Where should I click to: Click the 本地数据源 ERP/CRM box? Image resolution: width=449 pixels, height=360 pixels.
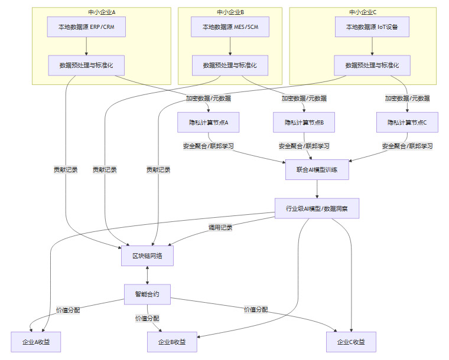click(x=86, y=27)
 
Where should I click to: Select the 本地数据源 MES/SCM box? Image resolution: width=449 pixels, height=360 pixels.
click(x=230, y=27)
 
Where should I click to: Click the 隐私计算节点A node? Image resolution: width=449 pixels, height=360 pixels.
click(x=208, y=122)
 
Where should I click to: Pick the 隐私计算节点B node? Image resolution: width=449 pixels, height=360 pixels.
click(x=304, y=122)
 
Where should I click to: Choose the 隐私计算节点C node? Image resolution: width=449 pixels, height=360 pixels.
click(x=407, y=122)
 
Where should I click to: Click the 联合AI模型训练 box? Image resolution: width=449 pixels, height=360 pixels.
click(x=317, y=169)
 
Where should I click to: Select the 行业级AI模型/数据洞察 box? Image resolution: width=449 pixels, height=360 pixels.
click(x=317, y=208)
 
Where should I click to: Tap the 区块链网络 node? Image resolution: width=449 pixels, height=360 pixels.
click(x=147, y=256)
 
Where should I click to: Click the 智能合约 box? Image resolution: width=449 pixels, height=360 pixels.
click(x=147, y=294)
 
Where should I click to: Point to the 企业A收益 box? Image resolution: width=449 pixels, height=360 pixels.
click(x=35, y=342)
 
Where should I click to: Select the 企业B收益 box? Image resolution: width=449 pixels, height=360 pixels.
click(x=172, y=342)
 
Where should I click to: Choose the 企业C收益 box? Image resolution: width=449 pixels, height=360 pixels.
click(x=351, y=342)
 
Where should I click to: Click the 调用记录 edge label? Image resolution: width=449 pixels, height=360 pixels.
click(x=220, y=227)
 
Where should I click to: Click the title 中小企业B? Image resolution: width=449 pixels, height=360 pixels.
click(x=230, y=11)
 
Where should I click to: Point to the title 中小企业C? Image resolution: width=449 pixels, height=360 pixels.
click(x=363, y=11)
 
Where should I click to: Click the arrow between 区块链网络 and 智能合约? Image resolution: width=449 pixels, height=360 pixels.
click(x=147, y=275)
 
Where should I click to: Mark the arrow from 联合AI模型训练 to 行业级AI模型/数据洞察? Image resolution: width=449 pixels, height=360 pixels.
click(x=317, y=189)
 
